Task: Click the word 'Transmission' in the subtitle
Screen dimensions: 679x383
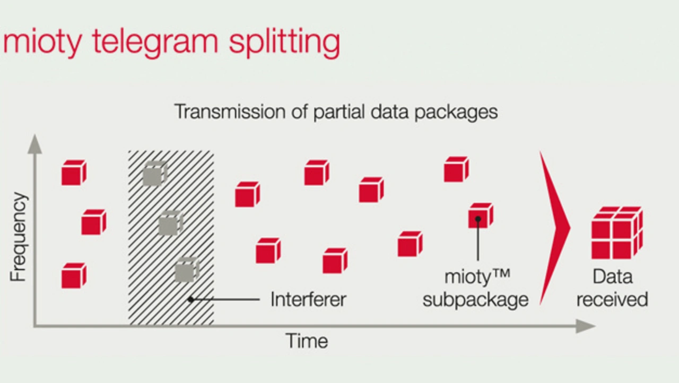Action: (x=230, y=111)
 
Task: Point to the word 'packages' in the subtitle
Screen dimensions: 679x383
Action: (x=456, y=113)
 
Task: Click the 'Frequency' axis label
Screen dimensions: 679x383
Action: (x=19, y=237)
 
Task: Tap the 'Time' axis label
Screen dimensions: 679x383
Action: (x=307, y=341)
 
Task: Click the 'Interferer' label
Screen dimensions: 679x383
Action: (x=308, y=299)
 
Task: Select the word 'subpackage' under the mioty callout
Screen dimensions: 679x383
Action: (x=476, y=301)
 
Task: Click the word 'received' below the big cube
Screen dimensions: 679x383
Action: (x=612, y=299)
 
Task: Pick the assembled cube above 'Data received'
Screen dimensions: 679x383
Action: (x=617, y=233)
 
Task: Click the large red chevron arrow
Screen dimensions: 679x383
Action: (x=555, y=228)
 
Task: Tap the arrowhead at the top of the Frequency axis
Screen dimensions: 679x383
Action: (x=35, y=144)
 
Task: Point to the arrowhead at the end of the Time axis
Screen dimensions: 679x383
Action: (x=586, y=326)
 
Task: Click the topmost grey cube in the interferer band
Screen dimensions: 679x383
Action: (x=155, y=173)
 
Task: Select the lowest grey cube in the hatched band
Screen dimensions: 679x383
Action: (x=187, y=270)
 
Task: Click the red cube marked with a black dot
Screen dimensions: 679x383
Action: (x=481, y=216)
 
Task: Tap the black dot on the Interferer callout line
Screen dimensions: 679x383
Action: (x=190, y=300)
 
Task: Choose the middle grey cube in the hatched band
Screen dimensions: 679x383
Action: (x=171, y=223)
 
